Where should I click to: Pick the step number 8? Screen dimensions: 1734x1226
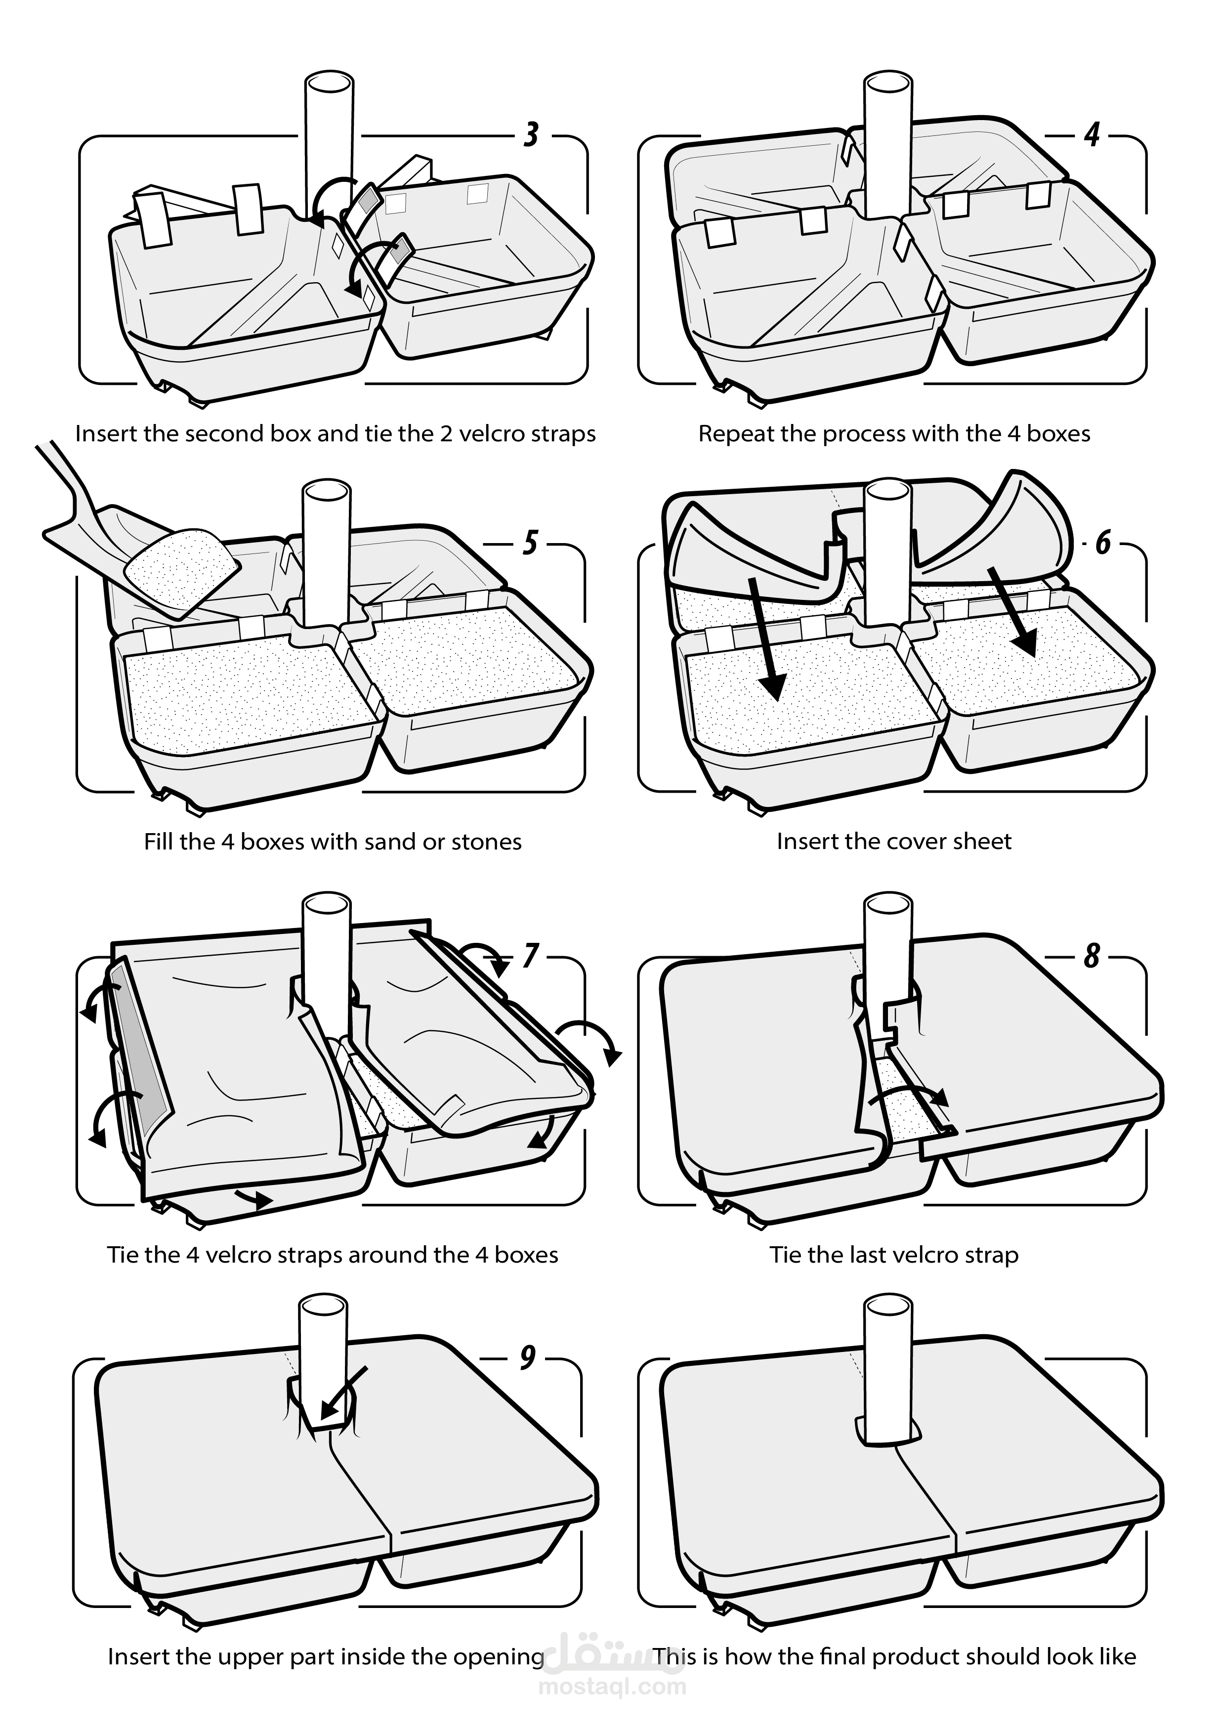click(1092, 956)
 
